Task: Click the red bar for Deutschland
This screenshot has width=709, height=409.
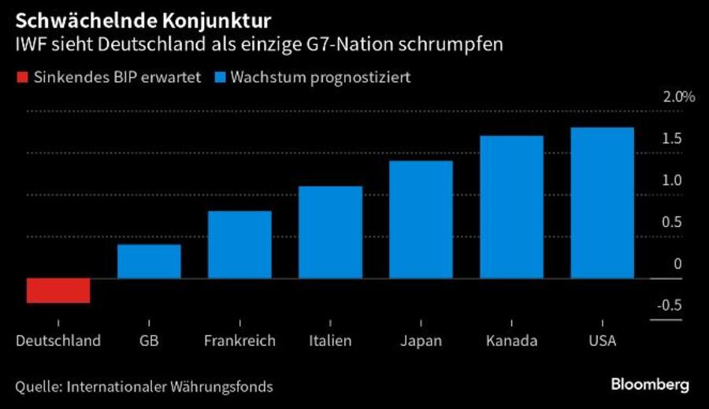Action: (58, 290)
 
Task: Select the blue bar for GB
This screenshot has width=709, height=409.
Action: (149, 262)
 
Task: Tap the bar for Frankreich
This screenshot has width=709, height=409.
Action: (239, 244)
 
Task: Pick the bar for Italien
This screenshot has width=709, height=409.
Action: (330, 232)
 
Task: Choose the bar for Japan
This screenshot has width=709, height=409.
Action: (421, 219)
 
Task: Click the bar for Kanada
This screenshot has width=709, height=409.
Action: (511, 206)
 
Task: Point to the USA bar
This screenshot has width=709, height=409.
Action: (602, 203)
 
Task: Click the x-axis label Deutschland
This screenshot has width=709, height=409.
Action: (58, 341)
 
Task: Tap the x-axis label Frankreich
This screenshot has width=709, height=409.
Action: (239, 341)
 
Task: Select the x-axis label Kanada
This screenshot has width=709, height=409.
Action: (511, 341)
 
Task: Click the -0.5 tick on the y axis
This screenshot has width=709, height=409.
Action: (670, 306)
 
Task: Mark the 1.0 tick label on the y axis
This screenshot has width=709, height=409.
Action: (672, 180)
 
